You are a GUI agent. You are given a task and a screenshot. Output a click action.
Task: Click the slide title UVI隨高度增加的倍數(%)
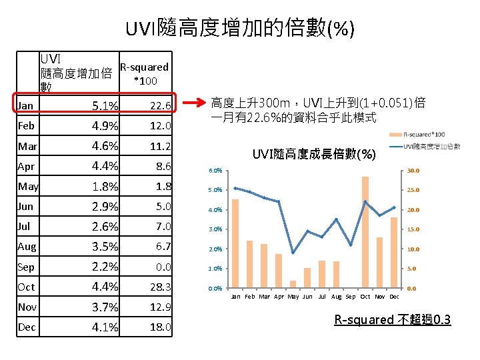pyautogui.click(x=240, y=28)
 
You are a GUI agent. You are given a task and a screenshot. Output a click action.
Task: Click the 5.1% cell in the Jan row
pyautogui.click(x=105, y=105)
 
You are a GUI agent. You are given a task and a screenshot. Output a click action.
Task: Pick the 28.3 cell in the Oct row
pyautogui.click(x=160, y=287)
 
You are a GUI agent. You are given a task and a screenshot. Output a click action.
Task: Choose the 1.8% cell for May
pyautogui.click(x=105, y=186)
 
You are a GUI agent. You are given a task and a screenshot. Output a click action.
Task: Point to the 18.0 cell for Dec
pyautogui.click(x=160, y=327)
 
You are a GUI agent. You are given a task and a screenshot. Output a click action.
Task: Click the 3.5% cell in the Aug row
pyautogui.click(x=105, y=247)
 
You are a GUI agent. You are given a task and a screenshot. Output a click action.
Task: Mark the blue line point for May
pyautogui.click(x=293, y=253)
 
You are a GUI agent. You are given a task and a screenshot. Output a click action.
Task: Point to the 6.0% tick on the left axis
pyautogui.click(x=215, y=171)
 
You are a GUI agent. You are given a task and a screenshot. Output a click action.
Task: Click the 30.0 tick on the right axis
pyautogui.click(x=413, y=171)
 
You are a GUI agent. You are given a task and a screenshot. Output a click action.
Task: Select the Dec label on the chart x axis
pyautogui.click(x=394, y=296)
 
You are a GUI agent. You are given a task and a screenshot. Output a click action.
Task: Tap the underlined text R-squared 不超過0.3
pyautogui.click(x=392, y=320)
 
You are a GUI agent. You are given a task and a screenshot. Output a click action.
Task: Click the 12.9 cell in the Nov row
pyautogui.click(x=160, y=307)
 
